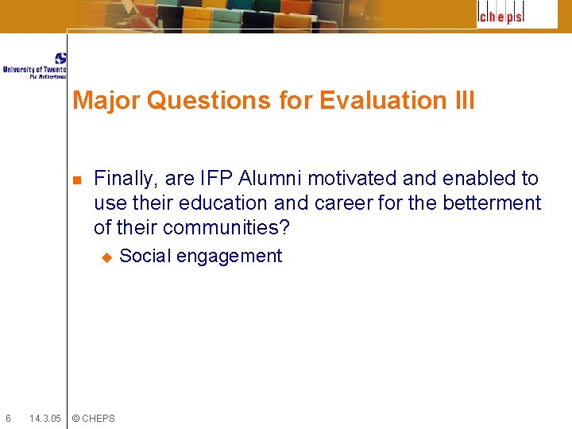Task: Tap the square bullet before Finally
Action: click(76, 180)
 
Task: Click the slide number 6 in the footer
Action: click(8, 419)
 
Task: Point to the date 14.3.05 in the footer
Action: click(44, 419)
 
